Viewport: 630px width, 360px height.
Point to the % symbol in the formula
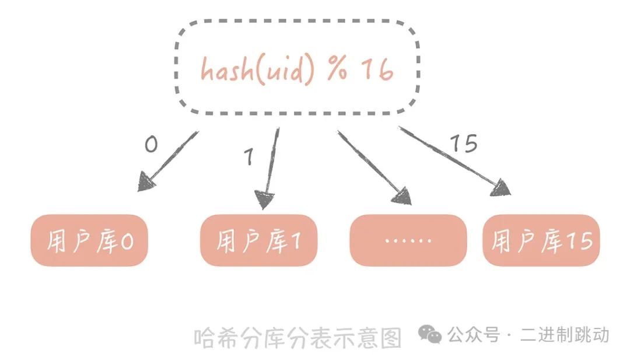tap(337, 69)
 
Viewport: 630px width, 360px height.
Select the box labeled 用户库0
tap(90, 240)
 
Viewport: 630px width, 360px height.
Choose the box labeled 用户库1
tap(259, 240)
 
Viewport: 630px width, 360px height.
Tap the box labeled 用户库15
tap(541, 240)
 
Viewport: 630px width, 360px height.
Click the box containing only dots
tap(408, 240)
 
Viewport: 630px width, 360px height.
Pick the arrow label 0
tap(151, 144)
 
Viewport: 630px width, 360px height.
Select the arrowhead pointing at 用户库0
tap(147, 182)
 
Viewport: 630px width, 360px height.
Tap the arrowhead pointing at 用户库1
tap(265, 200)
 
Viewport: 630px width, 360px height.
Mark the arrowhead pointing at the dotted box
tap(402, 197)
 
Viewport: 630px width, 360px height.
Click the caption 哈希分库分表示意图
tap(298, 337)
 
